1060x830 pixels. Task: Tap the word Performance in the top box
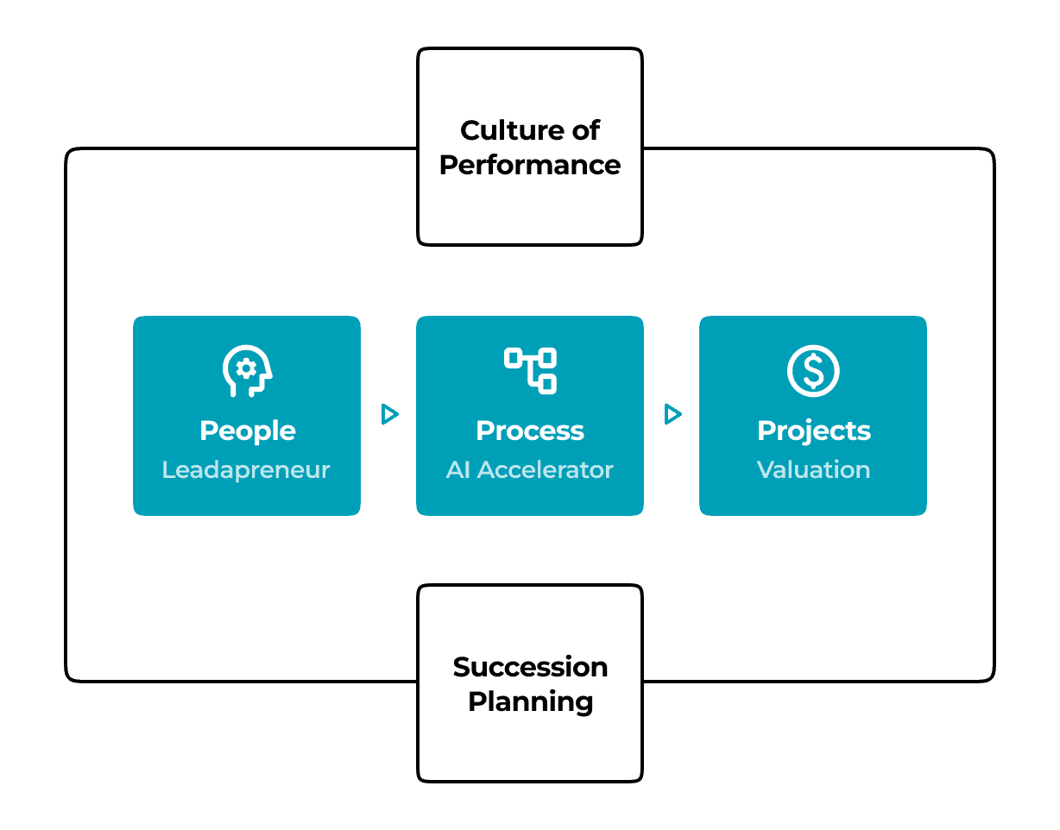point(530,166)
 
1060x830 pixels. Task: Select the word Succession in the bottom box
point(530,667)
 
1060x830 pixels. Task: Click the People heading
point(248,431)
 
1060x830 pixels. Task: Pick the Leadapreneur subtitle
point(246,470)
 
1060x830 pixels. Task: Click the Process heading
point(530,431)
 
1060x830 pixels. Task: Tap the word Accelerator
point(545,470)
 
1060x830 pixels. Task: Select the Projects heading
point(814,431)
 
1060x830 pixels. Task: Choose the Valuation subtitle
point(813,470)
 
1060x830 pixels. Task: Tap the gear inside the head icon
point(246,369)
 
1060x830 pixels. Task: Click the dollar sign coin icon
point(813,371)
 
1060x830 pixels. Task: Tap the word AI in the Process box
point(458,470)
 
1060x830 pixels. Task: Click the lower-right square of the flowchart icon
point(547,385)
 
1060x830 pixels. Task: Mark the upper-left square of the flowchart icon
point(514,358)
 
